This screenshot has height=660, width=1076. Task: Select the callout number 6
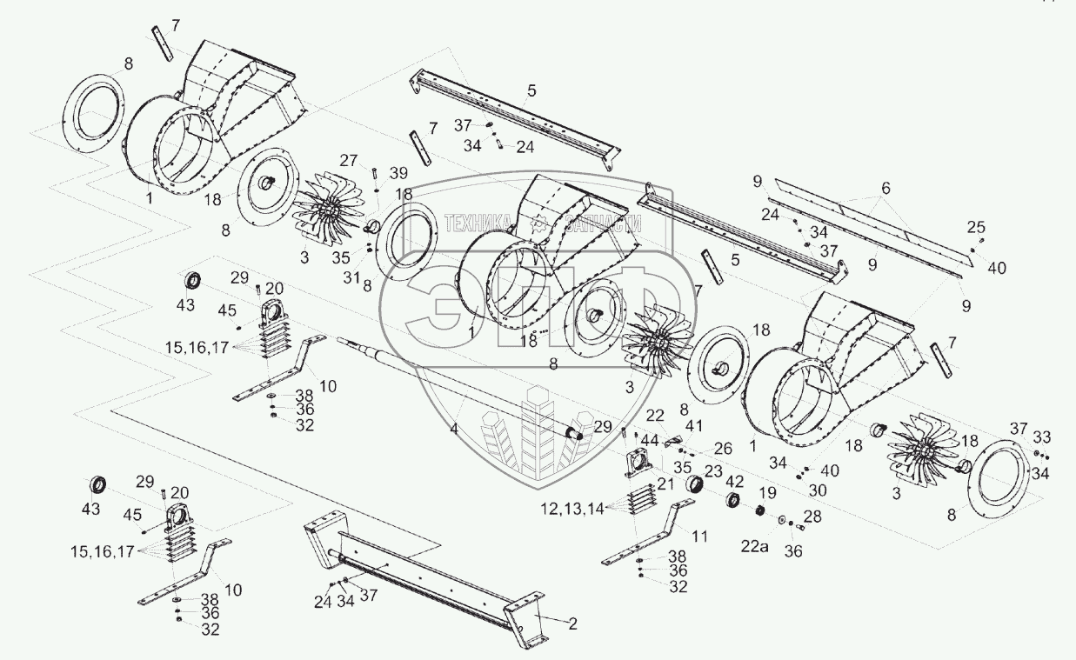tap(886, 188)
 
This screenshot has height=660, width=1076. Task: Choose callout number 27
tap(349, 160)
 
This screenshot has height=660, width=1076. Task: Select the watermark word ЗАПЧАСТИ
tap(603, 223)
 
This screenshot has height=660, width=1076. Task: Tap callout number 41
tap(694, 426)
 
